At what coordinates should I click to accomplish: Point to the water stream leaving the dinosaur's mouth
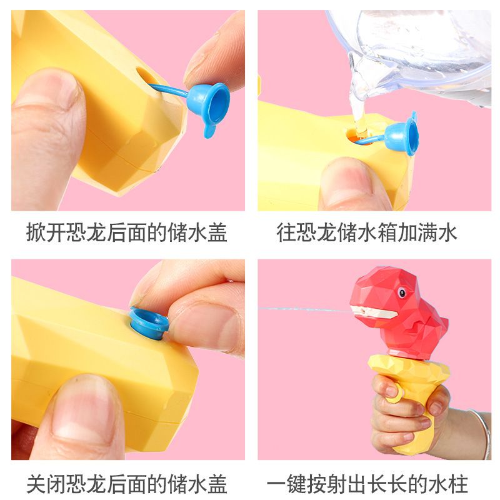pyautogui.click(x=304, y=309)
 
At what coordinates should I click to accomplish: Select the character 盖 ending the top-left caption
pyautogui.click(x=217, y=232)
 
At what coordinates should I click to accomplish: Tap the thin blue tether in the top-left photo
pyautogui.click(x=169, y=89)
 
